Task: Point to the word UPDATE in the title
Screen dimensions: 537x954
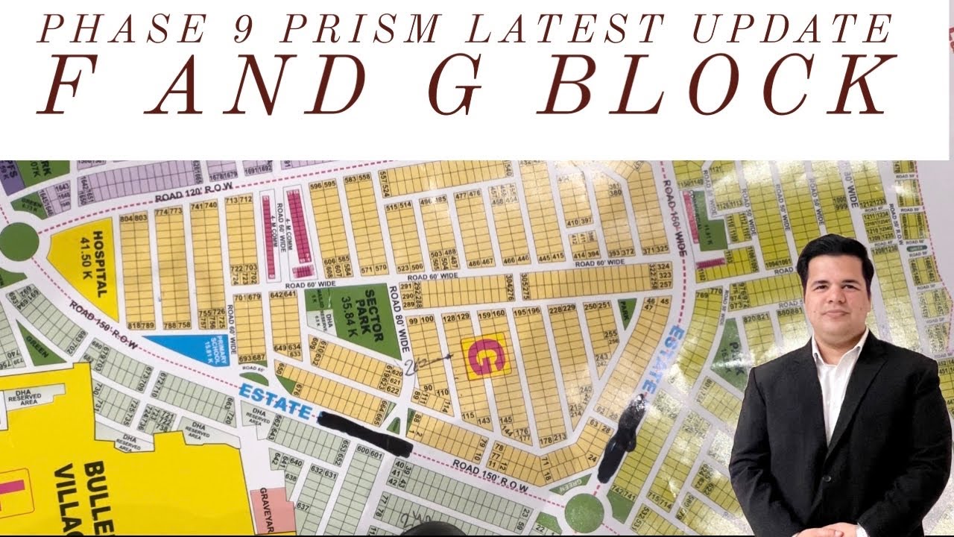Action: click(x=793, y=30)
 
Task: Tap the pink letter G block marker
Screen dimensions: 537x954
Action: click(x=485, y=356)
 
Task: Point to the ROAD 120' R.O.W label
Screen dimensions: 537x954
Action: click(x=195, y=193)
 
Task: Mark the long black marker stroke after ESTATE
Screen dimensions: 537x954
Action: click(x=364, y=433)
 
